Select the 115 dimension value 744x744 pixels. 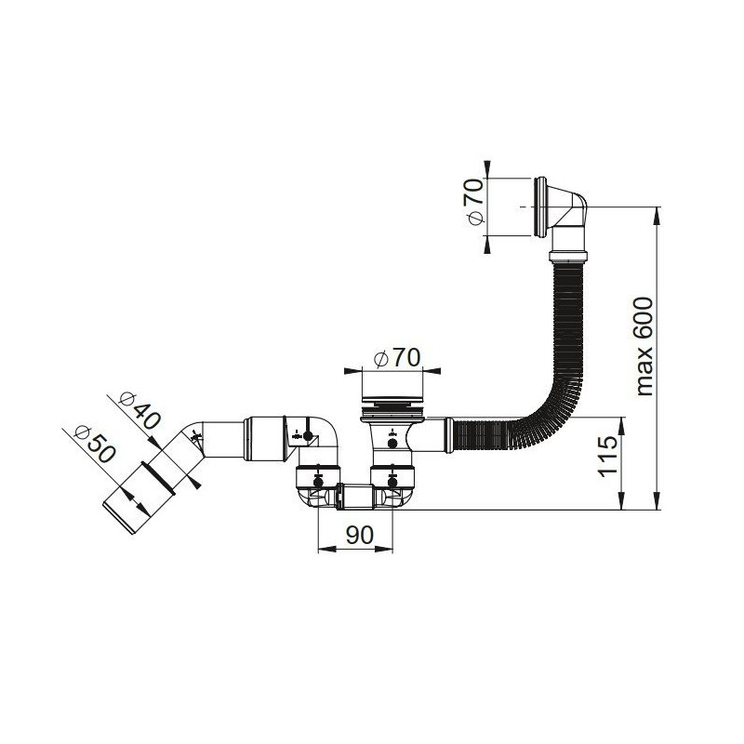click(607, 457)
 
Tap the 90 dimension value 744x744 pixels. click(359, 536)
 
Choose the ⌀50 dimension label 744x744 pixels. click(95, 445)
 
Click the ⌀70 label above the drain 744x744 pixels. click(397, 358)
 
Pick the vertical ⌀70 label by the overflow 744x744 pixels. click(475, 202)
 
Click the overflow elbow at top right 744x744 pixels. click(562, 206)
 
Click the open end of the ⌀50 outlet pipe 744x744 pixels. click(118, 521)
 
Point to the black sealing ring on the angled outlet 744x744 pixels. click(159, 478)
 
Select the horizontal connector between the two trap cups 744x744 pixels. click(355, 497)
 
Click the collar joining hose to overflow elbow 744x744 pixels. click(568, 257)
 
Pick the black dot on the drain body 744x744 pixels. click(392, 444)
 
